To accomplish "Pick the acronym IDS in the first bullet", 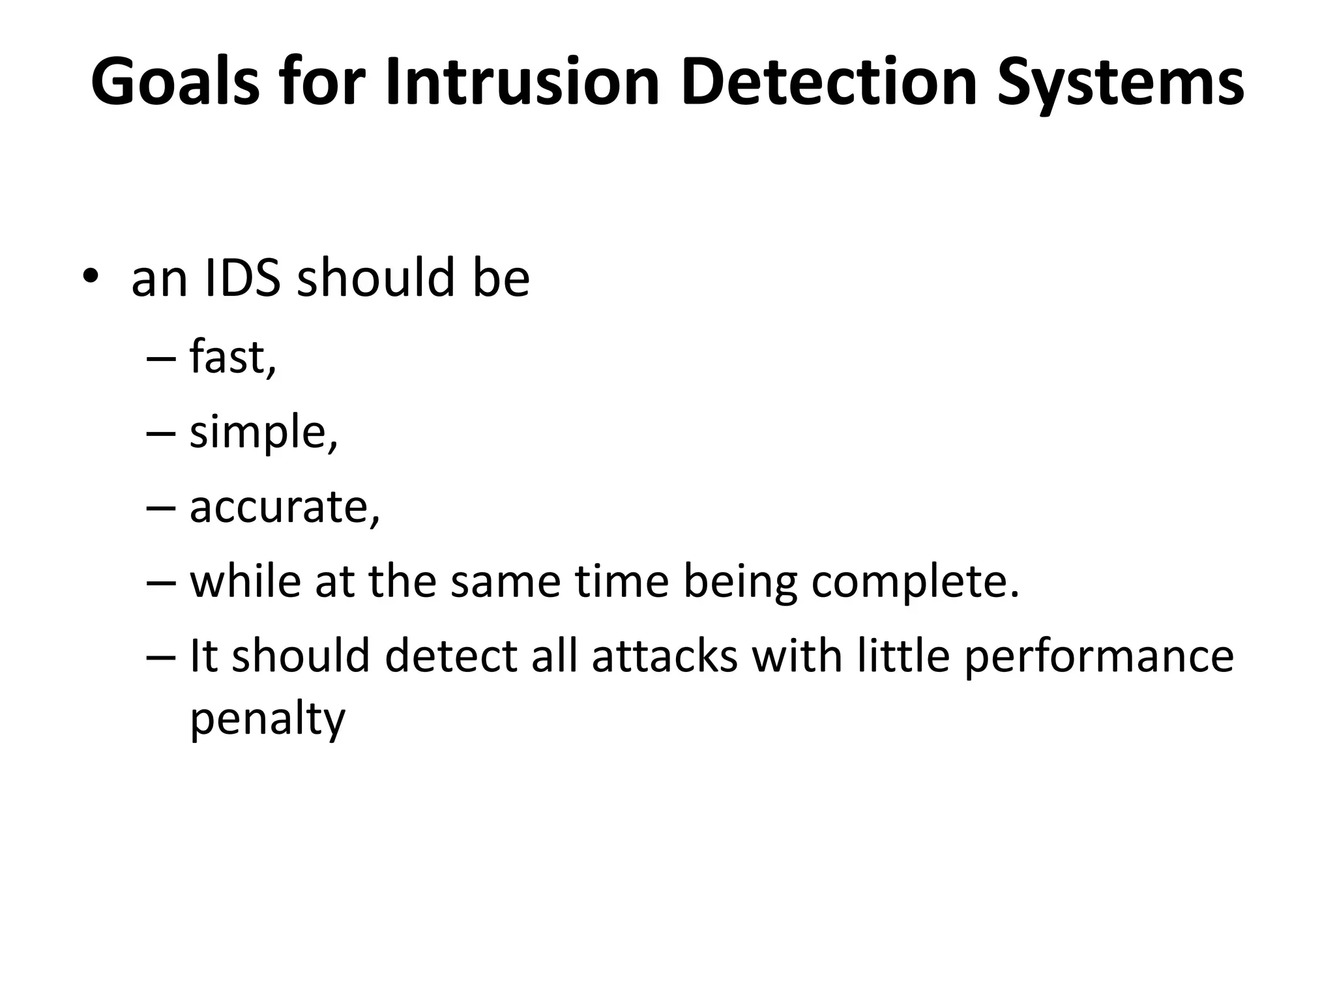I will click(242, 278).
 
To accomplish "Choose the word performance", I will click(1098, 657).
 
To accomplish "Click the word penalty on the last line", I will click(267, 718).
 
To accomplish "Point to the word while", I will click(245, 581).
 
